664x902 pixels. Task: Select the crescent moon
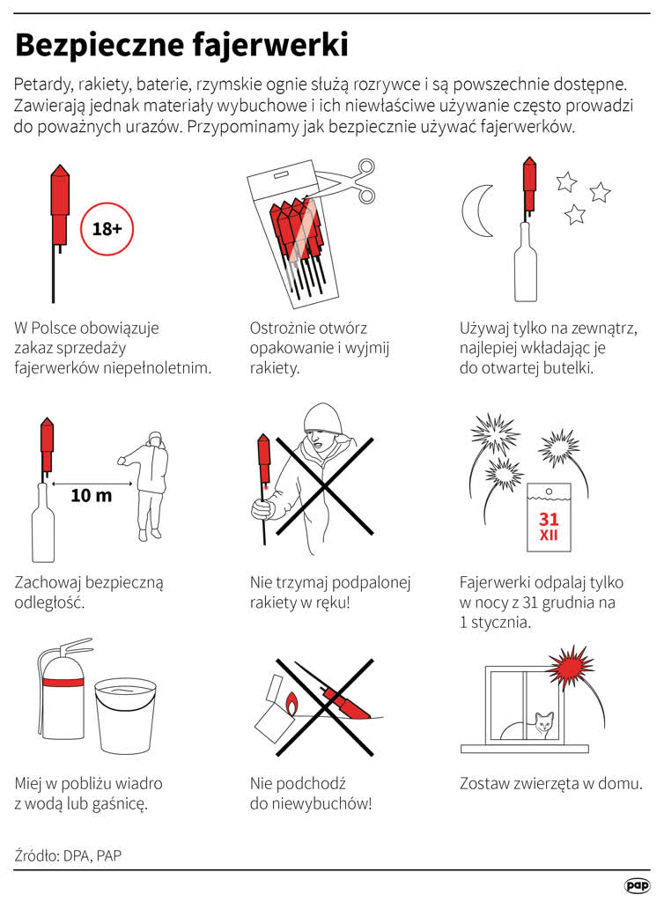[x=476, y=211]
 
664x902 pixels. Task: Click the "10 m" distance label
[x=91, y=495]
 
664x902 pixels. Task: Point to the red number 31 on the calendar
[x=549, y=520]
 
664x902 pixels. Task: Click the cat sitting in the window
[x=542, y=726]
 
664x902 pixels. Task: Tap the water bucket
[x=125, y=716]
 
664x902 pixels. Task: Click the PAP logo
[x=637, y=884]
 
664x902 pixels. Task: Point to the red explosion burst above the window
[x=570, y=667]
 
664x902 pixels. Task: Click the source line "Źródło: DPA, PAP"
[x=68, y=855]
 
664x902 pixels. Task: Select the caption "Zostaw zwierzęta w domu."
[x=550, y=783]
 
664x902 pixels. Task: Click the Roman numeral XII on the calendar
[x=549, y=536]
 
